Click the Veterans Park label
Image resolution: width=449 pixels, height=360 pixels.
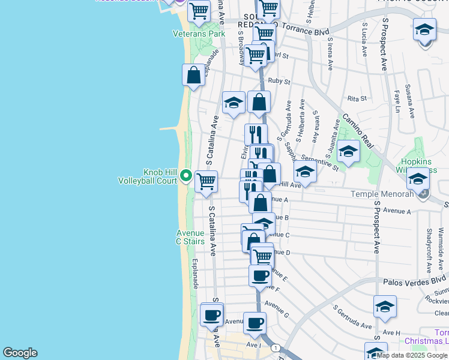coord(199,34)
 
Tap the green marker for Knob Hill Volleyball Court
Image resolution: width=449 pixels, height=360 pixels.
coord(186,176)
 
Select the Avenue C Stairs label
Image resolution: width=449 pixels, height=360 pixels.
coord(190,237)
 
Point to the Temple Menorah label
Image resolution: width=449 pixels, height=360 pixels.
coord(391,194)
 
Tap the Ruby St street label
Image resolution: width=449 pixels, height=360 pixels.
coord(279,81)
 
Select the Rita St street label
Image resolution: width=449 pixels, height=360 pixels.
coord(357,98)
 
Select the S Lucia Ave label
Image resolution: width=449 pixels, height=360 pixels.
coord(364,40)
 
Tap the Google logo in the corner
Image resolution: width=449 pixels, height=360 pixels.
coord(20,353)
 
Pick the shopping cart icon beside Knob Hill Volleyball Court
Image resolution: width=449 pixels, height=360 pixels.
coord(206,181)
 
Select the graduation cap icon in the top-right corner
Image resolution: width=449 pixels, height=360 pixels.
coord(424,30)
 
